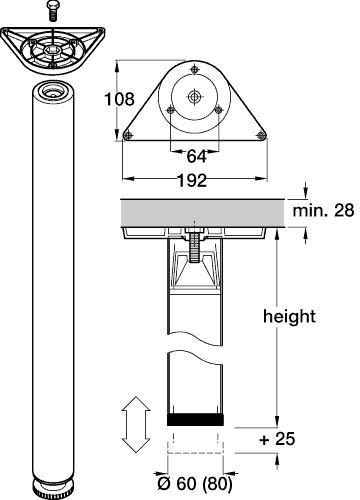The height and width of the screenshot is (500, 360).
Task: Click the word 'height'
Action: [x=288, y=316]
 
